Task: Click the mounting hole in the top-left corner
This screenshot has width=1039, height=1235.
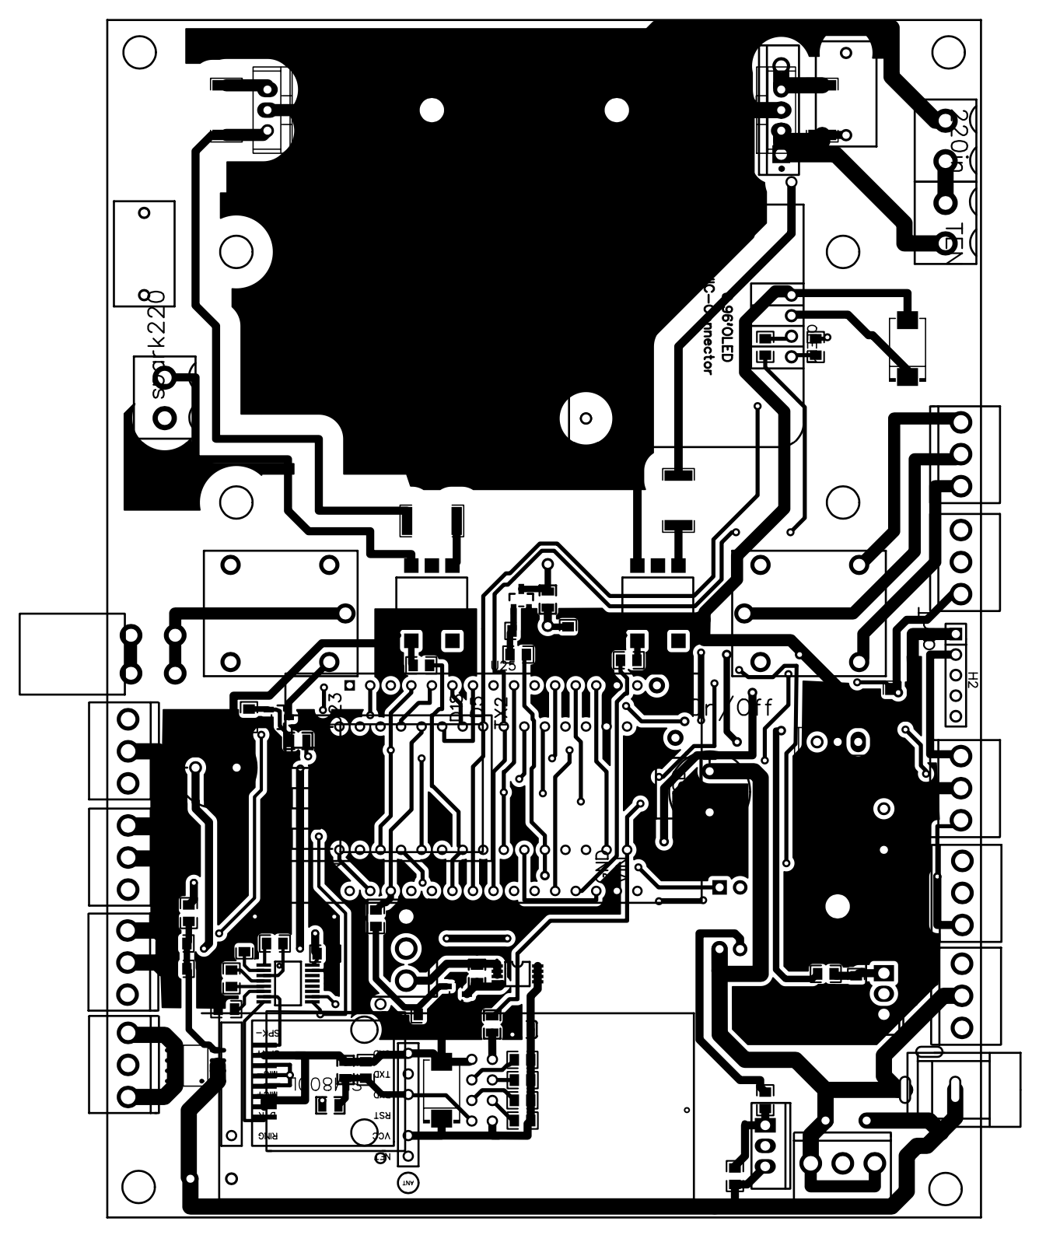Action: pos(140,53)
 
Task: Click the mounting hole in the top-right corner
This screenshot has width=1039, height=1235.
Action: pos(947,53)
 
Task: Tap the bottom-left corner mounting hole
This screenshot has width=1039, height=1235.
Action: pos(140,1188)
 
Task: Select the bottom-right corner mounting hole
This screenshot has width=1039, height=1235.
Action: pos(947,1188)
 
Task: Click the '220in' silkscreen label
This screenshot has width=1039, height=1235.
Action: pos(961,145)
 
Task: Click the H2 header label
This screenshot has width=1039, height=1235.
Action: pos(972,680)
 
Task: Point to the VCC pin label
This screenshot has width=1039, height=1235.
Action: pos(382,1136)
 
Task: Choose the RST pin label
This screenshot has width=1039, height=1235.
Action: pos(382,1115)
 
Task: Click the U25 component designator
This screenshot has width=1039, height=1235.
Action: pos(504,666)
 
